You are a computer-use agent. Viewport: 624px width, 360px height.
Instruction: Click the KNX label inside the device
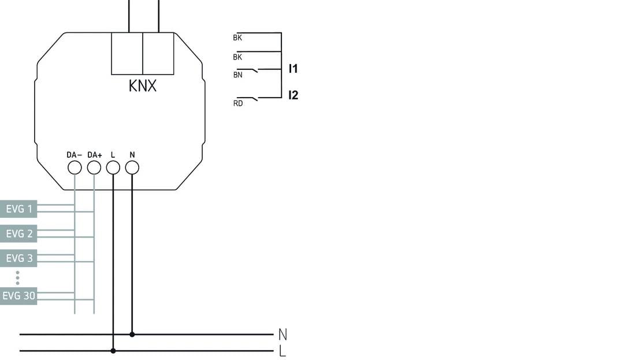click(142, 87)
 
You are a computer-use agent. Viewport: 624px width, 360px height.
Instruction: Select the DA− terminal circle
click(75, 168)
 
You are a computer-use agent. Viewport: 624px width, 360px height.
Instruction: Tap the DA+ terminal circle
click(94, 168)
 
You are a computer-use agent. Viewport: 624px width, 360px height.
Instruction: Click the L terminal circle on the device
click(113, 168)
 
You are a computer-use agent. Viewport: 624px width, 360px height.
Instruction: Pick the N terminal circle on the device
click(132, 168)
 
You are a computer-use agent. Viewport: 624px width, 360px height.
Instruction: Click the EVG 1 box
click(18, 209)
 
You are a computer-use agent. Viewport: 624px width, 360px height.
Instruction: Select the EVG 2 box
click(18, 233)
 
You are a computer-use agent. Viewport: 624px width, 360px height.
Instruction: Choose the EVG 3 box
click(18, 258)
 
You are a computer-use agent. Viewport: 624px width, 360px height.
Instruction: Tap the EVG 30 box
click(18, 296)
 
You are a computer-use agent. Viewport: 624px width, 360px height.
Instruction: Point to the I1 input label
click(293, 69)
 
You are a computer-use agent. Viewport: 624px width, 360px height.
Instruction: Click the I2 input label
click(293, 95)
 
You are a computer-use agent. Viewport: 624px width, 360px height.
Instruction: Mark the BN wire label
click(237, 75)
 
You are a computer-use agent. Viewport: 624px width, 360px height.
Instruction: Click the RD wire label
click(237, 104)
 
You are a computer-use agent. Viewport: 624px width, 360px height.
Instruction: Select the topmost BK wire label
click(237, 38)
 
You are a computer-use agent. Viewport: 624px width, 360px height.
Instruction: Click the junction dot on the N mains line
click(132, 334)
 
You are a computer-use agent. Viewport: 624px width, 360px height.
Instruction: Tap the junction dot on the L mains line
click(113, 350)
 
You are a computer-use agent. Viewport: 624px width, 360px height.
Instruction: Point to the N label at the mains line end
click(283, 334)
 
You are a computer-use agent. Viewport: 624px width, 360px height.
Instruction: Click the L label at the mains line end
click(283, 350)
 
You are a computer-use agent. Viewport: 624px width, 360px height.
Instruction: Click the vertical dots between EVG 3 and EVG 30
click(18, 277)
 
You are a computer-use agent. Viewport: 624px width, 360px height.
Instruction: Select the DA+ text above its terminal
click(94, 155)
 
